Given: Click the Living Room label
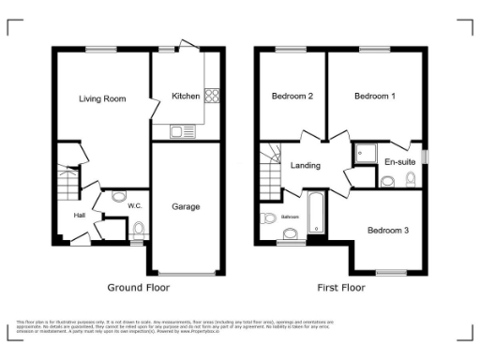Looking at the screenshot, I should click(102, 97).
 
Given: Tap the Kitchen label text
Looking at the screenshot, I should click(185, 95).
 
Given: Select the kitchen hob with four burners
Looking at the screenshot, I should click(212, 95).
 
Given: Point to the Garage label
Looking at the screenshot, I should click(186, 206).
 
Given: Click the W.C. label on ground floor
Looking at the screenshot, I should click(135, 204).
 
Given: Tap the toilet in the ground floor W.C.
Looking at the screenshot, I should click(139, 229).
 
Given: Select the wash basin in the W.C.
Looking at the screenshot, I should click(118, 196).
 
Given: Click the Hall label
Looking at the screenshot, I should click(82, 217).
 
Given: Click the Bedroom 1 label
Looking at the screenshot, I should click(373, 96).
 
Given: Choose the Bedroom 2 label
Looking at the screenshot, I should click(292, 96).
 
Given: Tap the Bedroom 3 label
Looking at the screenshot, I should click(387, 230).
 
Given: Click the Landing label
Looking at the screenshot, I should click(306, 166).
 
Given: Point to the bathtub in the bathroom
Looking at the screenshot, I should click(315, 212).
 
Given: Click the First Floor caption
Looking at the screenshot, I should click(340, 287).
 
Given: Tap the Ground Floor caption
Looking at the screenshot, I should click(138, 287).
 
